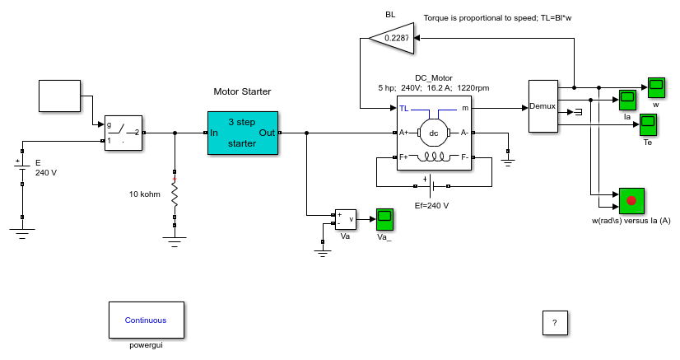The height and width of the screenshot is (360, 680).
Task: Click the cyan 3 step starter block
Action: coord(243,133)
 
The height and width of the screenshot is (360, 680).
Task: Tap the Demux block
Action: coord(543,106)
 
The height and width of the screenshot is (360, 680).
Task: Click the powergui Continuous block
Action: coord(147,320)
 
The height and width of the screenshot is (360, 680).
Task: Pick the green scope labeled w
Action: coord(656,88)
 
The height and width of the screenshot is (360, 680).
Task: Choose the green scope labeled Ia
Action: coord(627,101)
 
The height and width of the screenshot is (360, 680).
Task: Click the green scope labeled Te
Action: coord(648,125)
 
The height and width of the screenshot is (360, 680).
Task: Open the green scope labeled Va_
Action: coord(384,220)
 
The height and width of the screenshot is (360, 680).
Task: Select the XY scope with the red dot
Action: coord(631,201)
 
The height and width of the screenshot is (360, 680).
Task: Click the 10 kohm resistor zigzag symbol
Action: coord(175,194)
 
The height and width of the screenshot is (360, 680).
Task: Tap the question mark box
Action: coord(555,323)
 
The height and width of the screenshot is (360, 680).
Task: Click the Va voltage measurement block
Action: coord(346,219)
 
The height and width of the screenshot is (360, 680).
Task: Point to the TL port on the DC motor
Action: coord(403,109)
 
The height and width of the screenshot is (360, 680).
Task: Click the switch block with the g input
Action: coord(123,133)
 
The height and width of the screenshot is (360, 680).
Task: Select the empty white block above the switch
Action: coord(59,96)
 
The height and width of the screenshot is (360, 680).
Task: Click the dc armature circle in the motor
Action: coord(433,133)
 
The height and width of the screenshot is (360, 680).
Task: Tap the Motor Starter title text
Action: coord(242,91)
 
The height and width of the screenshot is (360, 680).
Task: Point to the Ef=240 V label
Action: coord(431,206)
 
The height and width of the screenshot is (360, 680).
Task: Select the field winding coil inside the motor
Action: coord(434,157)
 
